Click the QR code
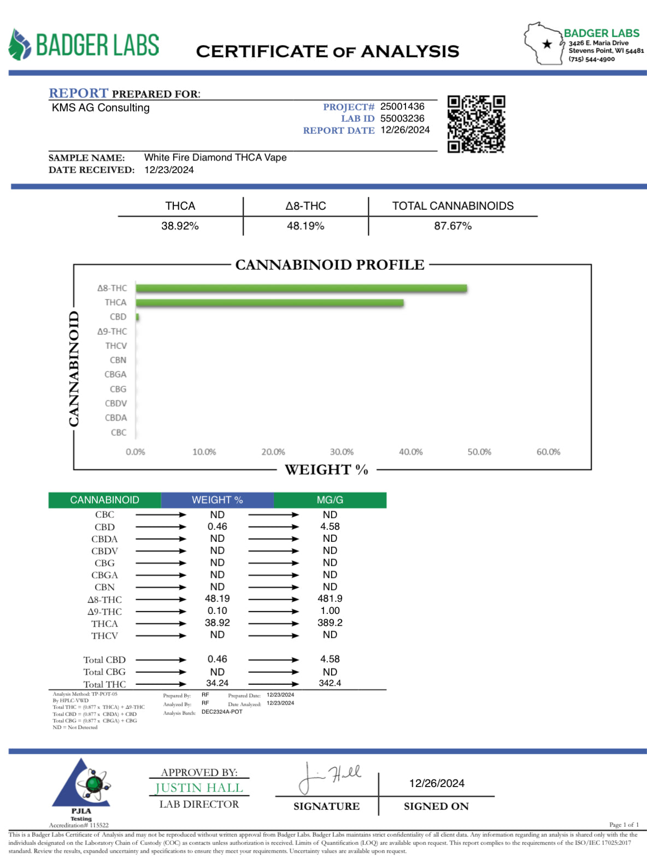(476, 124)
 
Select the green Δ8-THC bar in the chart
(301, 288)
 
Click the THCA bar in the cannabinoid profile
(269, 303)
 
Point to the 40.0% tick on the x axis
(410, 452)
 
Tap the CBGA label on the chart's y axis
(115, 375)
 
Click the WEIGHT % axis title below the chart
(326, 470)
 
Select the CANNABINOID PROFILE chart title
(330, 265)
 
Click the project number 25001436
(402, 106)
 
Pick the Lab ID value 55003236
(402, 119)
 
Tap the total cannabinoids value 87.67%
(452, 226)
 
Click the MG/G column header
(330, 500)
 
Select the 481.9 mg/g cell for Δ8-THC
(330, 599)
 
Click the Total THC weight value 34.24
(217, 683)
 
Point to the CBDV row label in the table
(104, 551)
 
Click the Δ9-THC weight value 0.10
(217, 611)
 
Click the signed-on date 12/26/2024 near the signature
(437, 783)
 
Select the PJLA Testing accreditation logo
(81, 786)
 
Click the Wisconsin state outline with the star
(544, 44)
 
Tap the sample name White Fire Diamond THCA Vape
(215, 157)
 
